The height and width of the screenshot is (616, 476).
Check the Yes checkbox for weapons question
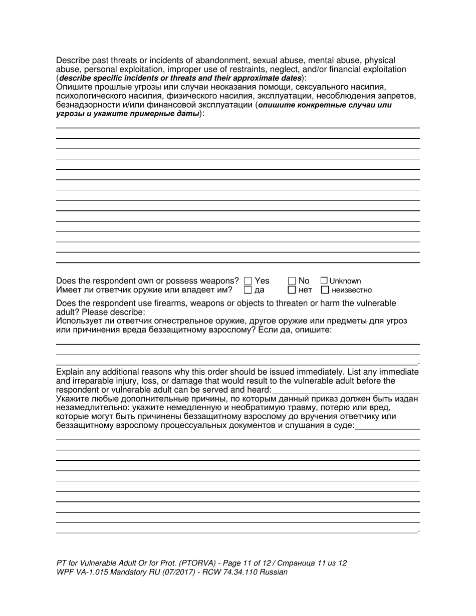pyautogui.click(x=248, y=281)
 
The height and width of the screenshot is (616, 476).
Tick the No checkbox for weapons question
pyautogui.click(x=292, y=281)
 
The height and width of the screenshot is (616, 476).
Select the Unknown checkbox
pyautogui.click(x=324, y=281)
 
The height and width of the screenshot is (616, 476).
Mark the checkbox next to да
pyautogui.click(x=248, y=289)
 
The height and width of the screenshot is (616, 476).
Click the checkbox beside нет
pyautogui.click(x=292, y=289)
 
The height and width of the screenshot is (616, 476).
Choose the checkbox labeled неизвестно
pyautogui.click(x=325, y=289)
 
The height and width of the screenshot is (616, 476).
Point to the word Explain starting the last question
pyautogui.click(x=70, y=372)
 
